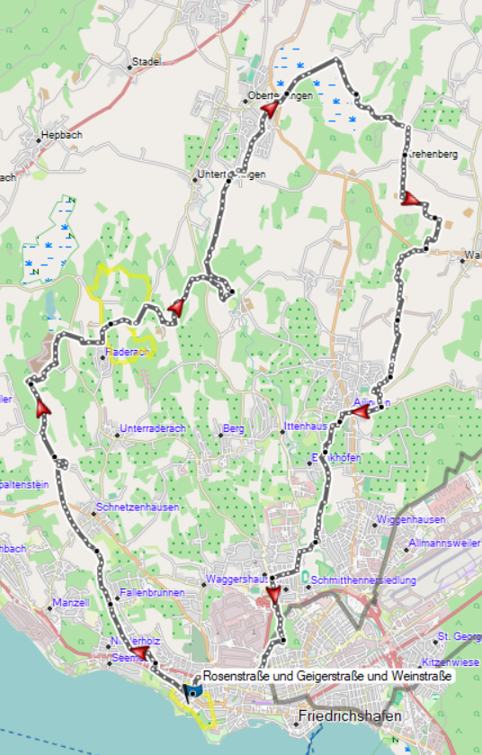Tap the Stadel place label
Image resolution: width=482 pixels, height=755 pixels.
tap(146, 61)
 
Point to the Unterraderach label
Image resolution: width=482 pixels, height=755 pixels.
tap(152, 428)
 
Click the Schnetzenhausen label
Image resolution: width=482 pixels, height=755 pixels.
tap(137, 508)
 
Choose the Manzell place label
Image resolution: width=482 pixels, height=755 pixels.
tap(70, 602)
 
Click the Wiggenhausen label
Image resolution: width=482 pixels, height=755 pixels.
tap(412, 521)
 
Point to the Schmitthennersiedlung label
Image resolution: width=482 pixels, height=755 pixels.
tap(363, 581)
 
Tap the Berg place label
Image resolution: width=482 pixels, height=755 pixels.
tap(234, 428)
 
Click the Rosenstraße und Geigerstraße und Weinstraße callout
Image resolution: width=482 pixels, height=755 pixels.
tap(326, 675)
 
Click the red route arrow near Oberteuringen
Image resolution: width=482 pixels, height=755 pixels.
tap(268, 109)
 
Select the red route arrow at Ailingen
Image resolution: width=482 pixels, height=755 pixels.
tap(359, 412)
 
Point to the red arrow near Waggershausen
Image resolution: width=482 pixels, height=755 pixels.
tap(274, 597)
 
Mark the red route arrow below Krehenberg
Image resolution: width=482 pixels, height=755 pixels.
tap(410, 199)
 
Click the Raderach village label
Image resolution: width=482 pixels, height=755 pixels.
tap(126, 353)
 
